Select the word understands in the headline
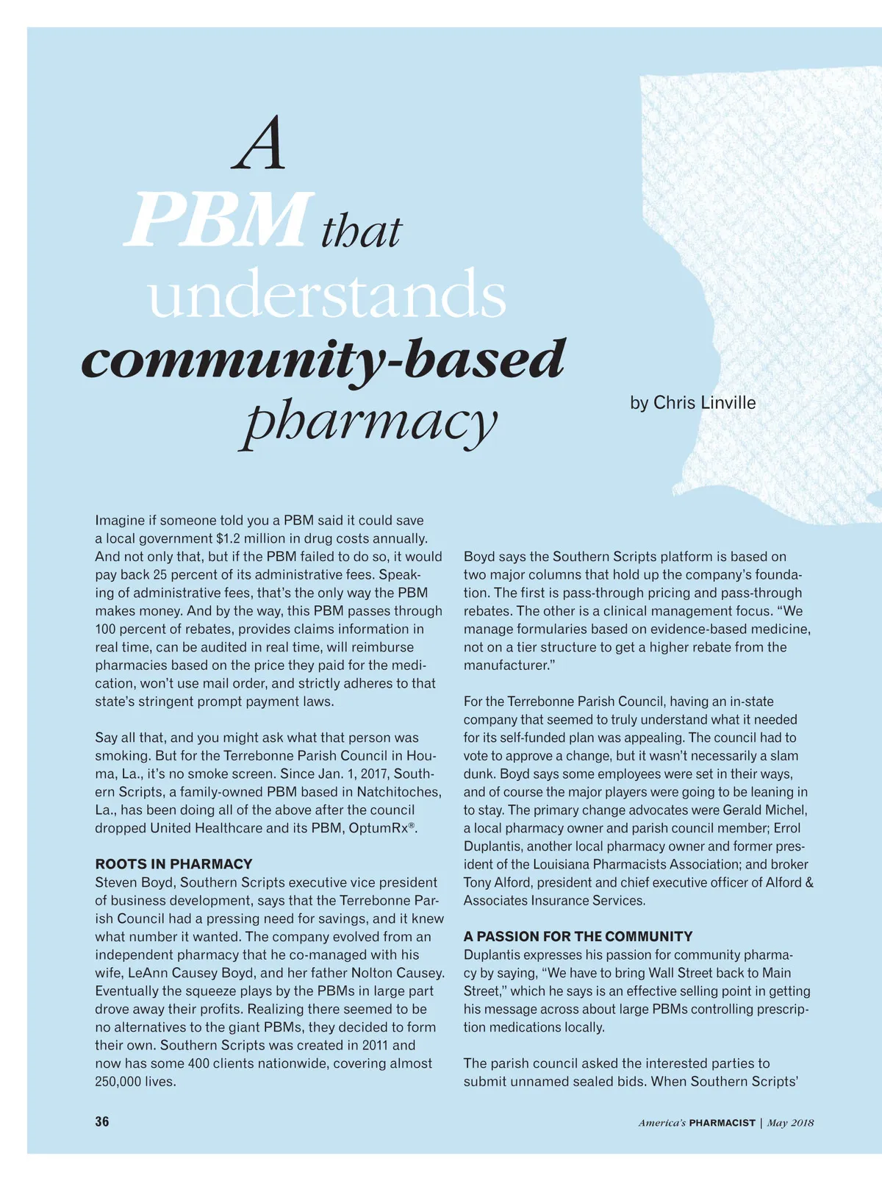click(x=327, y=293)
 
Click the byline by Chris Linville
click(x=692, y=403)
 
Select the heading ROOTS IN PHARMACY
click(x=173, y=864)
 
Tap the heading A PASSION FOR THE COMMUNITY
click(x=578, y=936)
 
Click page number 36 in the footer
click(x=102, y=1121)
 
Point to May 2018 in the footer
click(x=790, y=1123)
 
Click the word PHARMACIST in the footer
click(x=722, y=1123)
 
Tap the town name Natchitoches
click(x=399, y=792)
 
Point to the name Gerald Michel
click(x=765, y=810)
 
